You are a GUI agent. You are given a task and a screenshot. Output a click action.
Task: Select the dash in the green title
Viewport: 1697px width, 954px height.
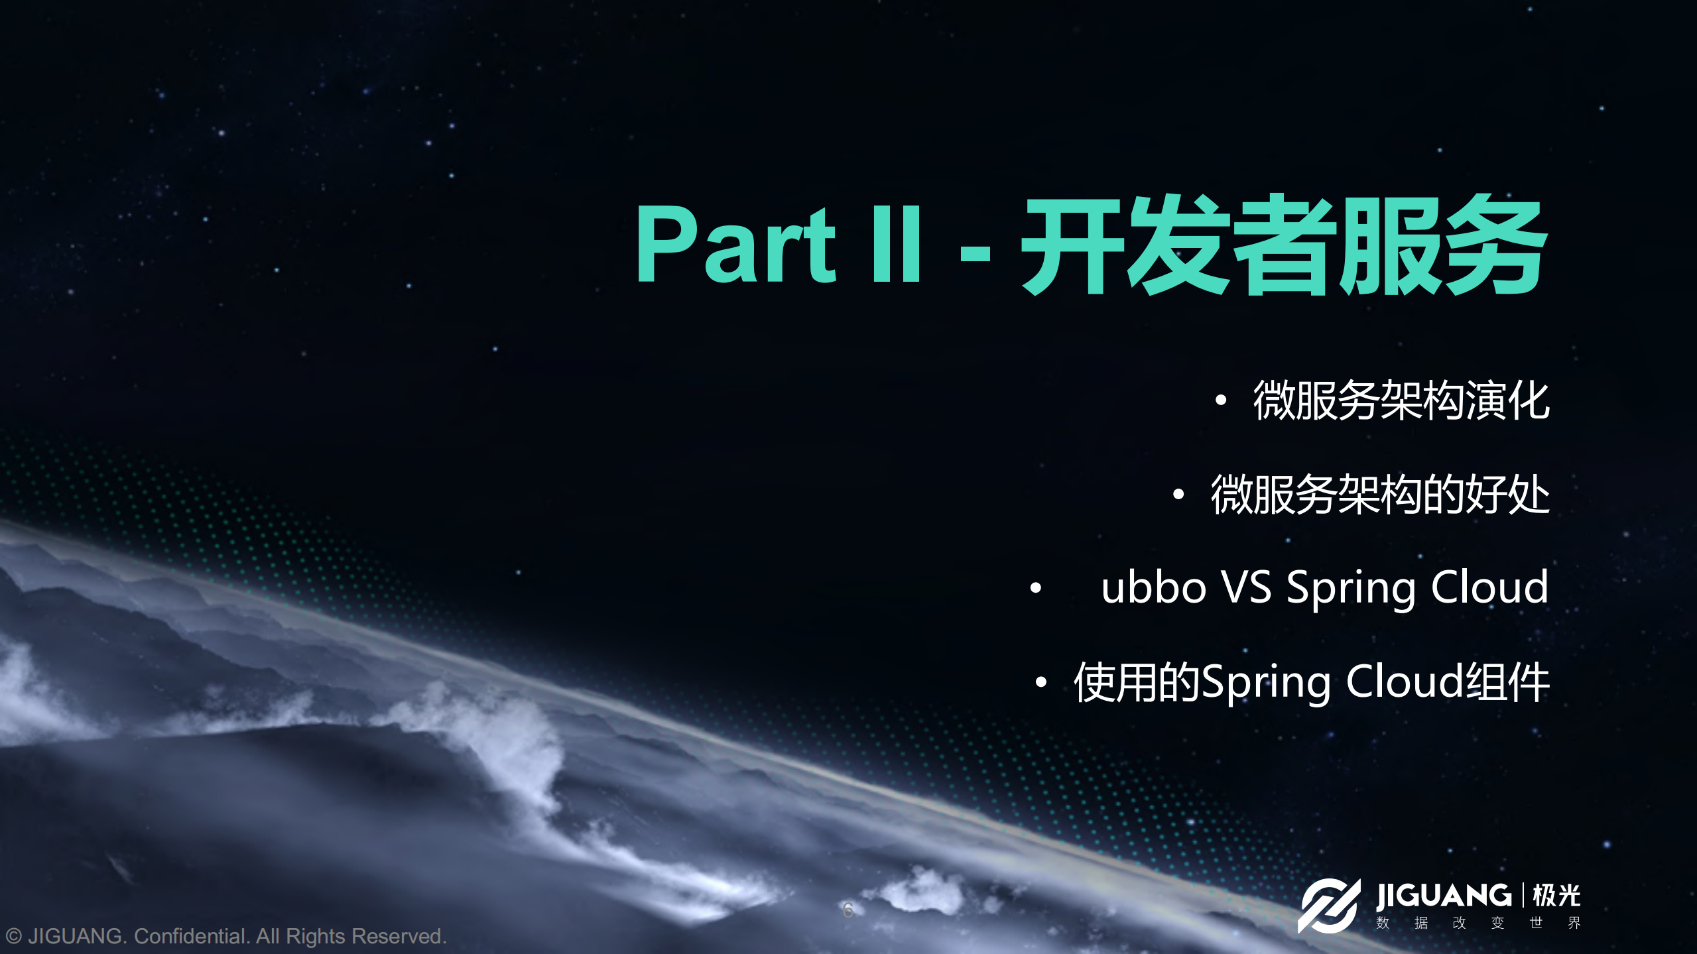coord(975,253)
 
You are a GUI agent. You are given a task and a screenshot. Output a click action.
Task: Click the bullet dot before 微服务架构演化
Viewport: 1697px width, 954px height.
coord(1221,400)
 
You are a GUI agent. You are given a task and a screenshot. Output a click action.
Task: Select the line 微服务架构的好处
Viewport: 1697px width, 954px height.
coord(1379,495)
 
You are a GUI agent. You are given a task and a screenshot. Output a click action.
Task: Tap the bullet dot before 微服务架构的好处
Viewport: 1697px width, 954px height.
coord(1178,495)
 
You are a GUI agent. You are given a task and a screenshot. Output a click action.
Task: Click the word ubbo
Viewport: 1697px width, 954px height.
coord(1153,587)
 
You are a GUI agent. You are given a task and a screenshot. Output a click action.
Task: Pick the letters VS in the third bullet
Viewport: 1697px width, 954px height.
coord(1246,587)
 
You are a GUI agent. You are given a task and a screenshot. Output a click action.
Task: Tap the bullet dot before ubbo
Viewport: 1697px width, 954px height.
coord(1036,587)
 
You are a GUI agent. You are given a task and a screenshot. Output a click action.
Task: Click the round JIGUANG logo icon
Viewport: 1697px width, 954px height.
coord(1328,906)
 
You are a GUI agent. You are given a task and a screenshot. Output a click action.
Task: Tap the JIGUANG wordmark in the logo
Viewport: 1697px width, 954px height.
coord(1443,896)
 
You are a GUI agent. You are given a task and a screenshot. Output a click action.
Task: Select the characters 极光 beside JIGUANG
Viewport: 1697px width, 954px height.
coord(1556,896)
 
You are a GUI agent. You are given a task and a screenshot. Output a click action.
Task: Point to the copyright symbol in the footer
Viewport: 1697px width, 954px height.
coord(13,936)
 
